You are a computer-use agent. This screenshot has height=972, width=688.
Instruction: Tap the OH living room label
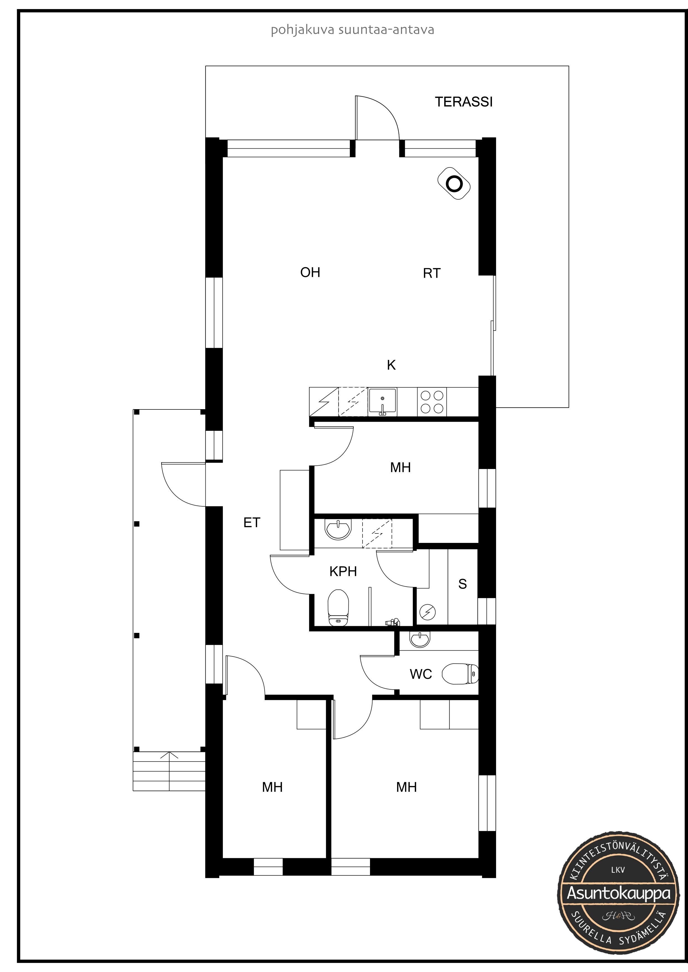(x=310, y=272)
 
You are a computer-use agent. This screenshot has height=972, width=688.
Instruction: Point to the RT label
(x=432, y=273)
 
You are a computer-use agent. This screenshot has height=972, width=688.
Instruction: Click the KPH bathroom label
(x=343, y=571)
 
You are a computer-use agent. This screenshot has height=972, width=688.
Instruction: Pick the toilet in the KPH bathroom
(x=338, y=608)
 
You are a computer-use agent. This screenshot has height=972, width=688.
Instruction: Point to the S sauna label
(x=463, y=584)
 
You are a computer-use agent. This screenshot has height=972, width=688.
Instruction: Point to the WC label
(x=421, y=674)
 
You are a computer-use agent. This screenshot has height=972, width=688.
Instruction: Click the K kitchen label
(x=391, y=365)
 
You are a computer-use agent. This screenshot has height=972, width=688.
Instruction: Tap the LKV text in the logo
(x=618, y=870)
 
